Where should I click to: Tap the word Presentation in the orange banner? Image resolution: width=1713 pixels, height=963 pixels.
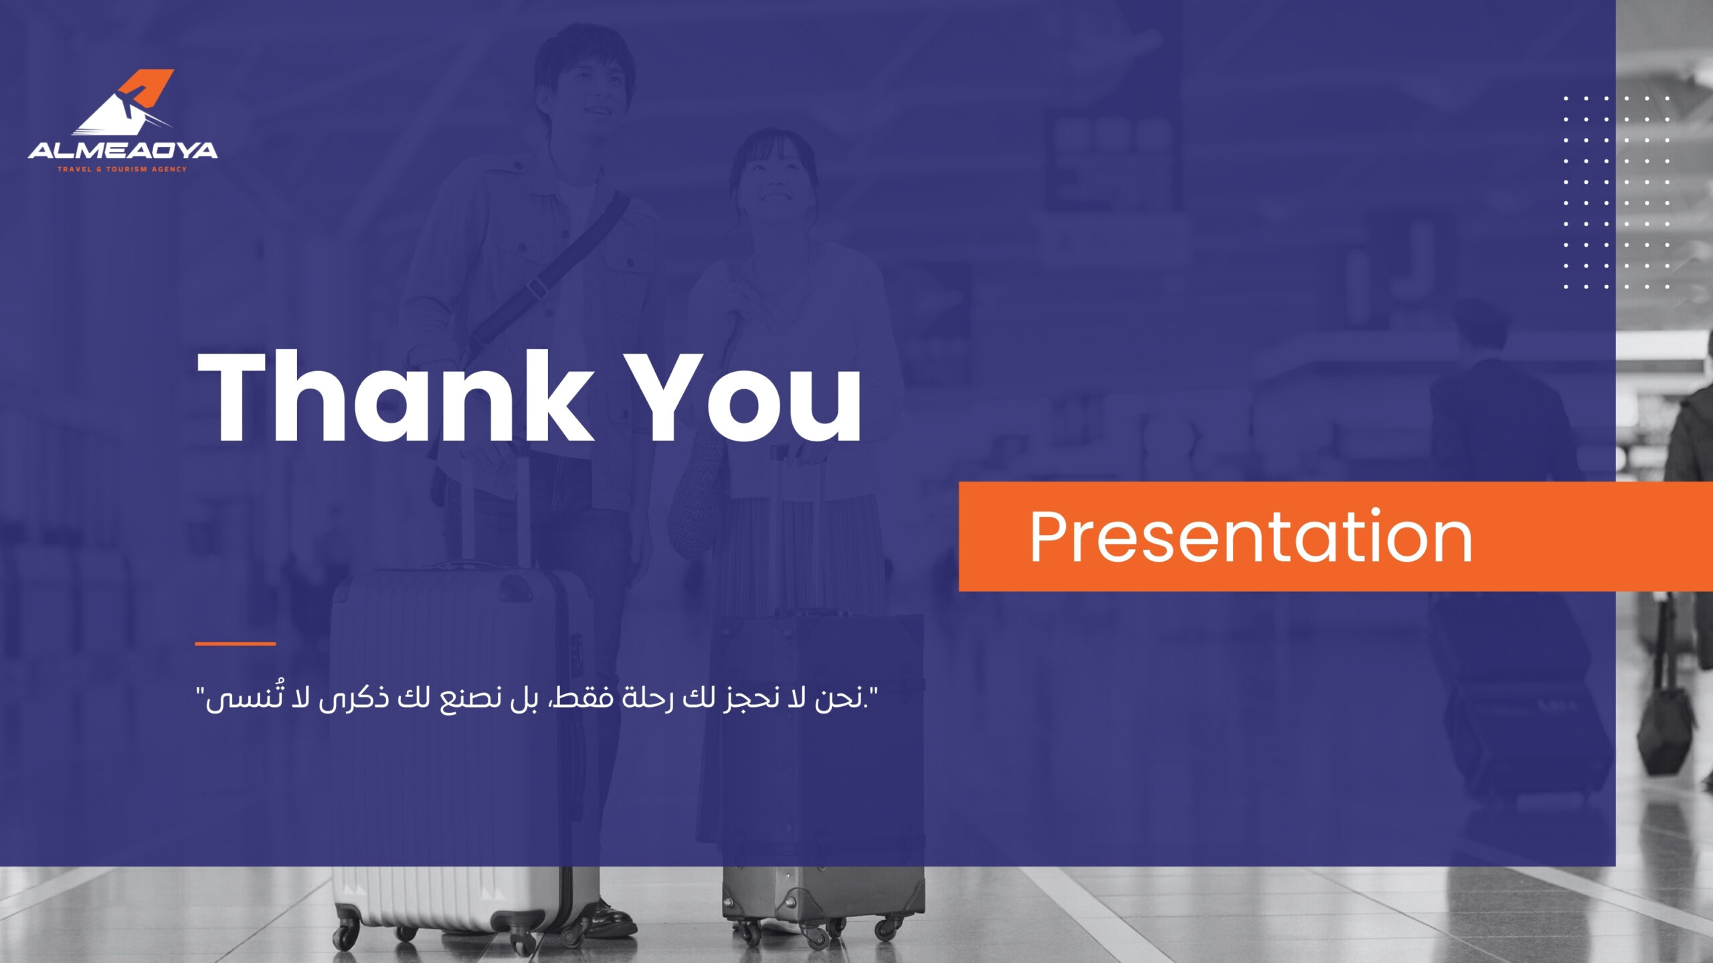(1251, 536)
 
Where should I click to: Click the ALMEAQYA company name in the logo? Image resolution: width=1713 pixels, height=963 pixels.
(122, 150)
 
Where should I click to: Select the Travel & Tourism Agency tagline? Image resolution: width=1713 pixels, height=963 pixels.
(122, 169)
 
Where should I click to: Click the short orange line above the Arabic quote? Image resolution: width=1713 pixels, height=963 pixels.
(236, 644)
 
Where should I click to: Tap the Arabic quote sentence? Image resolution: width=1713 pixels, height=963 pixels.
(537, 699)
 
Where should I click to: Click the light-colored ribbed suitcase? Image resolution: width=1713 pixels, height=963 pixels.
(462, 756)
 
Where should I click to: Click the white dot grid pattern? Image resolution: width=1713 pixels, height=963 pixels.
(1616, 193)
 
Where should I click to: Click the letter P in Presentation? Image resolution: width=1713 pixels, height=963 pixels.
(1051, 536)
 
